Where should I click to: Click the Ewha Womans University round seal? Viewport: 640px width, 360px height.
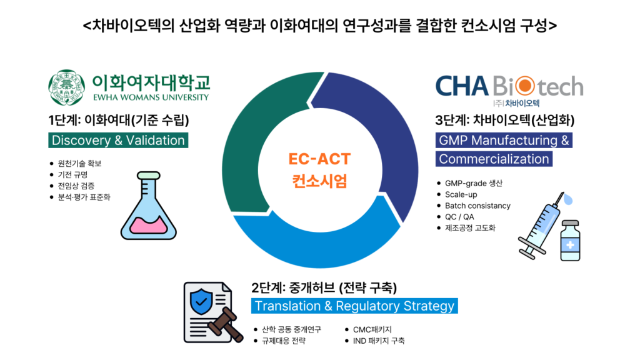pyautogui.click(x=66, y=87)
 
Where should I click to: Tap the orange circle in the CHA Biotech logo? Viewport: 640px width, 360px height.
pyautogui.click(x=524, y=86)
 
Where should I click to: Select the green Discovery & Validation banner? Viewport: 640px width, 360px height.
pyautogui.click(x=118, y=141)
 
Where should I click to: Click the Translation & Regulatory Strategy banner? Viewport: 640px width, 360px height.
pyautogui.click(x=354, y=306)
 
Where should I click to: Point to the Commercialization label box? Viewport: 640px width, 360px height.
pyautogui.click(x=494, y=159)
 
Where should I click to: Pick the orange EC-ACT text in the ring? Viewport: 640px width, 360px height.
pyautogui.click(x=319, y=159)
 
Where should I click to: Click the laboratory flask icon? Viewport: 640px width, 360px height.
pyautogui.click(x=149, y=206)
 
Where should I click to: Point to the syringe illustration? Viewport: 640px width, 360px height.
pyautogui.click(x=539, y=227)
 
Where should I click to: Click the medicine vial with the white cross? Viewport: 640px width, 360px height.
pyautogui.click(x=570, y=241)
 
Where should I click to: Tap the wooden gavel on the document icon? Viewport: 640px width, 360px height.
pyautogui.click(x=225, y=324)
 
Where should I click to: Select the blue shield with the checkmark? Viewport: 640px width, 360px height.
pyautogui.click(x=201, y=302)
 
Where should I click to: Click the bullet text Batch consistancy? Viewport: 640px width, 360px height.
pyautogui.click(x=477, y=206)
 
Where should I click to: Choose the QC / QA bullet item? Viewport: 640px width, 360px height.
pyautogui.click(x=459, y=217)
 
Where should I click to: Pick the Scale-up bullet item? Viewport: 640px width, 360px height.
pyautogui.click(x=461, y=195)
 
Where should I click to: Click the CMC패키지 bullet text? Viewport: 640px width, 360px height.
pyautogui.click(x=372, y=329)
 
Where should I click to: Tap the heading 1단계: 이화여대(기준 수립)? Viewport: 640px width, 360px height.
pyautogui.click(x=119, y=121)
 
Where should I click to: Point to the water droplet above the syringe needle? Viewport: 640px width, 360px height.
pyautogui.click(x=567, y=199)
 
